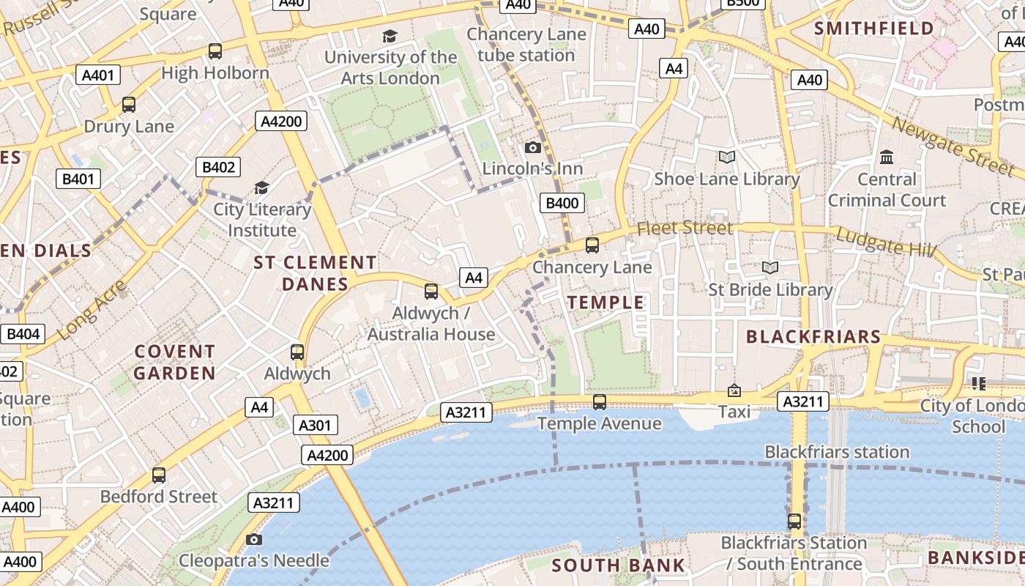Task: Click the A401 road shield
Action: click(x=98, y=75)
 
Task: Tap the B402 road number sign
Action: click(x=218, y=167)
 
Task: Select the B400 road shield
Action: click(x=562, y=203)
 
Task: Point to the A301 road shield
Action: click(x=316, y=425)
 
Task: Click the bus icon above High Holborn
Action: click(x=215, y=51)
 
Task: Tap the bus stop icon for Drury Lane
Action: click(x=129, y=105)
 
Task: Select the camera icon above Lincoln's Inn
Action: click(x=533, y=148)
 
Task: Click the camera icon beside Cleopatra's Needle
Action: click(x=254, y=540)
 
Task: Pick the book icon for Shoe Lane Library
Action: click(x=726, y=157)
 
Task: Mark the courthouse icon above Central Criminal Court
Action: click(x=887, y=157)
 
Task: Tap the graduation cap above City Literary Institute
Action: click(x=261, y=188)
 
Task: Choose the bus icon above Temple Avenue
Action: click(x=599, y=402)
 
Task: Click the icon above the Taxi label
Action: click(x=734, y=391)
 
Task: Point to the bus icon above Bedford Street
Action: click(x=159, y=475)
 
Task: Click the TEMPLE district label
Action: click(x=605, y=303)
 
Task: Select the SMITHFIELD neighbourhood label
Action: click(x=874, y=29)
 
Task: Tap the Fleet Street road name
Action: click(x=685, y=229)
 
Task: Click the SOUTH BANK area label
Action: click(x=618, y=565)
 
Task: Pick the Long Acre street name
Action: click(x=91, y=310)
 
